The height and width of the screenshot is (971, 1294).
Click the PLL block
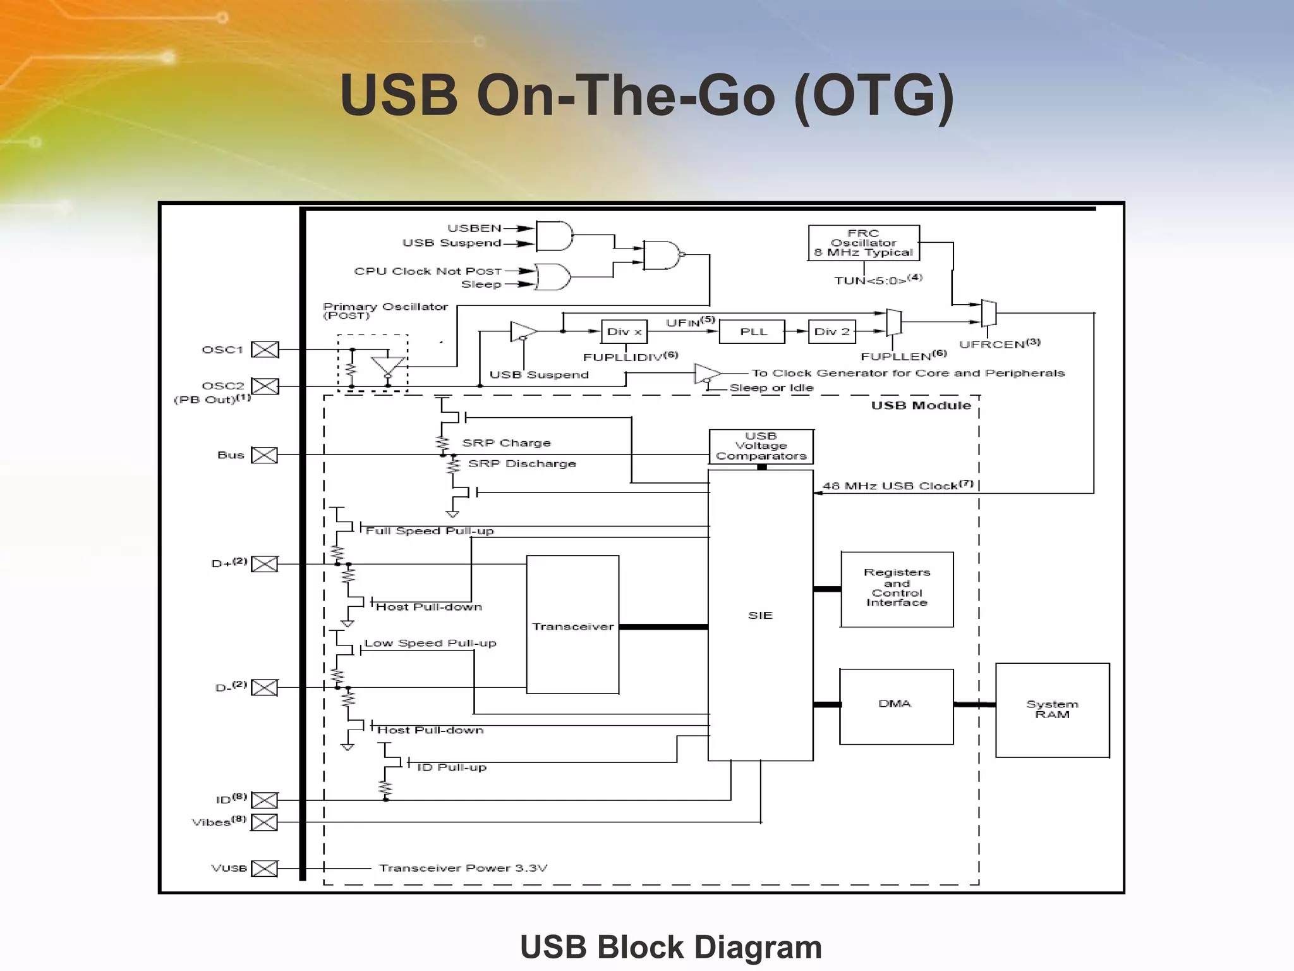point(753,332)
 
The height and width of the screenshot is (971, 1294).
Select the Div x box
point(624,332)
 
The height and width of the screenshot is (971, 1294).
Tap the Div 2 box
point(831,332)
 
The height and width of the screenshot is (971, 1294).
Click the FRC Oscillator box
point(863,243)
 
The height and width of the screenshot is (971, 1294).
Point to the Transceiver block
point(572,625)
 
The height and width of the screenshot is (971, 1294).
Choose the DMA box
point(895,705)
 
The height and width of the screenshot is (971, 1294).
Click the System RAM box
point(1052,709)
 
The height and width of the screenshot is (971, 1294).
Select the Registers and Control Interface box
point(897,589)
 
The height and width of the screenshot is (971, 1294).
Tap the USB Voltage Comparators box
point(761,446)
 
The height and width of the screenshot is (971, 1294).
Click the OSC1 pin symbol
point(265,350)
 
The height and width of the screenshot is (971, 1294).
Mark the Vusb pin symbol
point(265,869)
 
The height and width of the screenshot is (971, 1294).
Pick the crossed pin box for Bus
point(265,455)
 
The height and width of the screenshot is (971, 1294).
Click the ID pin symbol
point(265,800)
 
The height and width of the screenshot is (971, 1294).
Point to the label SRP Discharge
point(522,464)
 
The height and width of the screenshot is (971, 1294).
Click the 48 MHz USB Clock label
point(897,485)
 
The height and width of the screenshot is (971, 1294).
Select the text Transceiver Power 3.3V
point(463,868)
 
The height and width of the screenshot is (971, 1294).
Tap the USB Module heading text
point(921,406)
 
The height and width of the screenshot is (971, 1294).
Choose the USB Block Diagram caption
point(671,947)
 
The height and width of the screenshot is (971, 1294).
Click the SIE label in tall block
point(760,615)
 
